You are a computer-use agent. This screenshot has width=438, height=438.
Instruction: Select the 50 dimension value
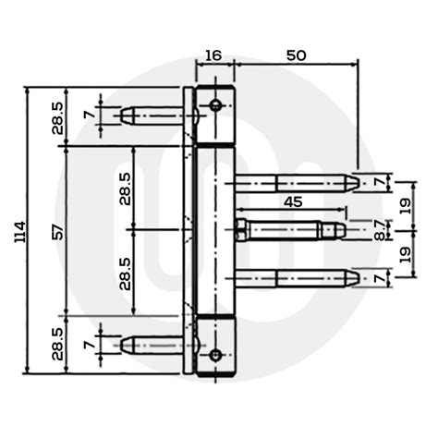coord(296,55)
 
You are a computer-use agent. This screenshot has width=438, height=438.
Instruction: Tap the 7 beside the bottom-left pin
coord(89,347)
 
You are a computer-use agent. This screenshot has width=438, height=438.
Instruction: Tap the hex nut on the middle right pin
coord(242,227)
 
